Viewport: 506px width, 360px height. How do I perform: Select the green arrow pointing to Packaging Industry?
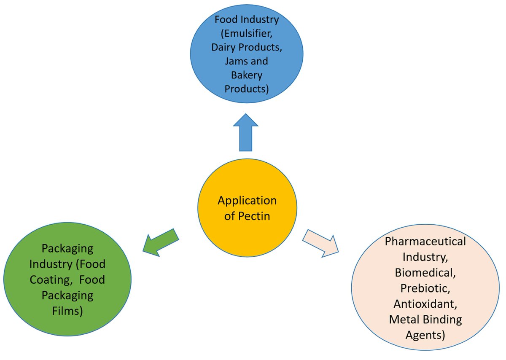159,242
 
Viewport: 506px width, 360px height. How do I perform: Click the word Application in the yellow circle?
247,201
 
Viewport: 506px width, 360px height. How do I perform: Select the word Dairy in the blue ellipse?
223,47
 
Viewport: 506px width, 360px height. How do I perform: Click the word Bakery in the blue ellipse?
247,75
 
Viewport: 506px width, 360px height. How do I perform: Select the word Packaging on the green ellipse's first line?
68,249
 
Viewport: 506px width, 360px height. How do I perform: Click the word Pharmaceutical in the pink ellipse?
425,242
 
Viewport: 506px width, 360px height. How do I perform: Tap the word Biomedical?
425,272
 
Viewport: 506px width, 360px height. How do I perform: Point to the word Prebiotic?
425,288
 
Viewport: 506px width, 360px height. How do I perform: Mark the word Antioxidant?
425,304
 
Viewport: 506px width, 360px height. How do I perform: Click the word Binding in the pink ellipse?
442,319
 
